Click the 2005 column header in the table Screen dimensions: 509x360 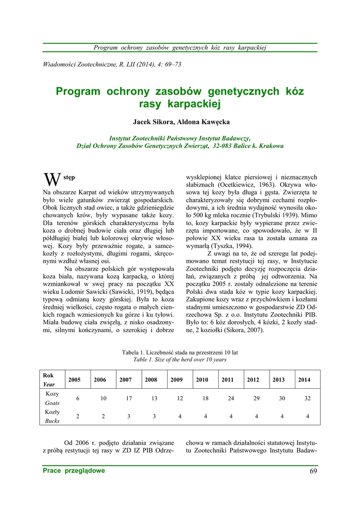coord(75,380)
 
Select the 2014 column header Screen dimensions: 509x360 coord(304,380)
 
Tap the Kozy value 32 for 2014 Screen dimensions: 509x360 coord(307,398)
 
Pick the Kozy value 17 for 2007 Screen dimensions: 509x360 coord(129,398)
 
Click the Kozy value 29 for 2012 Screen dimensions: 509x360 coord(256,398)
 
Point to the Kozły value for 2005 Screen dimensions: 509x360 coord(78,417)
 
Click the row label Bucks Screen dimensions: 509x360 coord(52,421)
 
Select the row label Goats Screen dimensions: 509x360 coord(52,403)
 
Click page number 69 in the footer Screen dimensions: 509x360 coord(313,471)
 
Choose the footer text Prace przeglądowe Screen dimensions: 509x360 coord(74,471)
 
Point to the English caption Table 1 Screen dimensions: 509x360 coord(145,359)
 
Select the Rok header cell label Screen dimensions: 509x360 coord(48,375)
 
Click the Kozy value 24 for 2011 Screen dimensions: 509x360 coord(231,398)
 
